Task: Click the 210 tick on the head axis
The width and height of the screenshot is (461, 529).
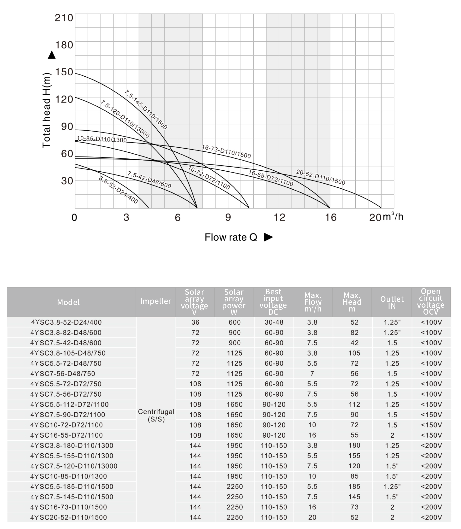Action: click(64, 18)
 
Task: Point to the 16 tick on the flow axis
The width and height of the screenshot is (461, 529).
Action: click(330, 218)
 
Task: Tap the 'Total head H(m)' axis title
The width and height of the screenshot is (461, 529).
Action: click(46, 111)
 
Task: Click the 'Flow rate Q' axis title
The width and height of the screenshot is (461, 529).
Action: click(231, 237)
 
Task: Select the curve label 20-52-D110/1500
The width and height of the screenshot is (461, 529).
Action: click(321, 177)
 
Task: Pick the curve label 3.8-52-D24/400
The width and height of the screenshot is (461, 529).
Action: click(118, 190)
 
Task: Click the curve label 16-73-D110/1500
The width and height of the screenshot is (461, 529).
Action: click(226, 151)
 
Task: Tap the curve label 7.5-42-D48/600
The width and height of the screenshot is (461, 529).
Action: click(149, 180)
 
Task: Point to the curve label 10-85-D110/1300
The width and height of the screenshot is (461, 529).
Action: click(102, 139)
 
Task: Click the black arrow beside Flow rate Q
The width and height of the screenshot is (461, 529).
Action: click(268, 237)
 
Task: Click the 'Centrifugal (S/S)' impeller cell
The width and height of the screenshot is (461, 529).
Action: click(156, 415)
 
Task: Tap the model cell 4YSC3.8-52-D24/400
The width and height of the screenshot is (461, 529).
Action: click(66, 322)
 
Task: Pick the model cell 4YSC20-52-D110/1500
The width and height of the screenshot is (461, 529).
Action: click(68, 517)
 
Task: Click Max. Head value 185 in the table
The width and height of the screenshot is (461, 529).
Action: click(354, 486)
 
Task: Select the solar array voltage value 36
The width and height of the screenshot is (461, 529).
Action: click(195, 322)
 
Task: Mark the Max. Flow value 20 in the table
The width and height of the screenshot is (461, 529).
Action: click(312, 517)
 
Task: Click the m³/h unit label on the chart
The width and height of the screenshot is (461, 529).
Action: click(393, 216)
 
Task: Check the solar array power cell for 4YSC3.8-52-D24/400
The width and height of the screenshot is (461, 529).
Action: click(235, 322)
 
